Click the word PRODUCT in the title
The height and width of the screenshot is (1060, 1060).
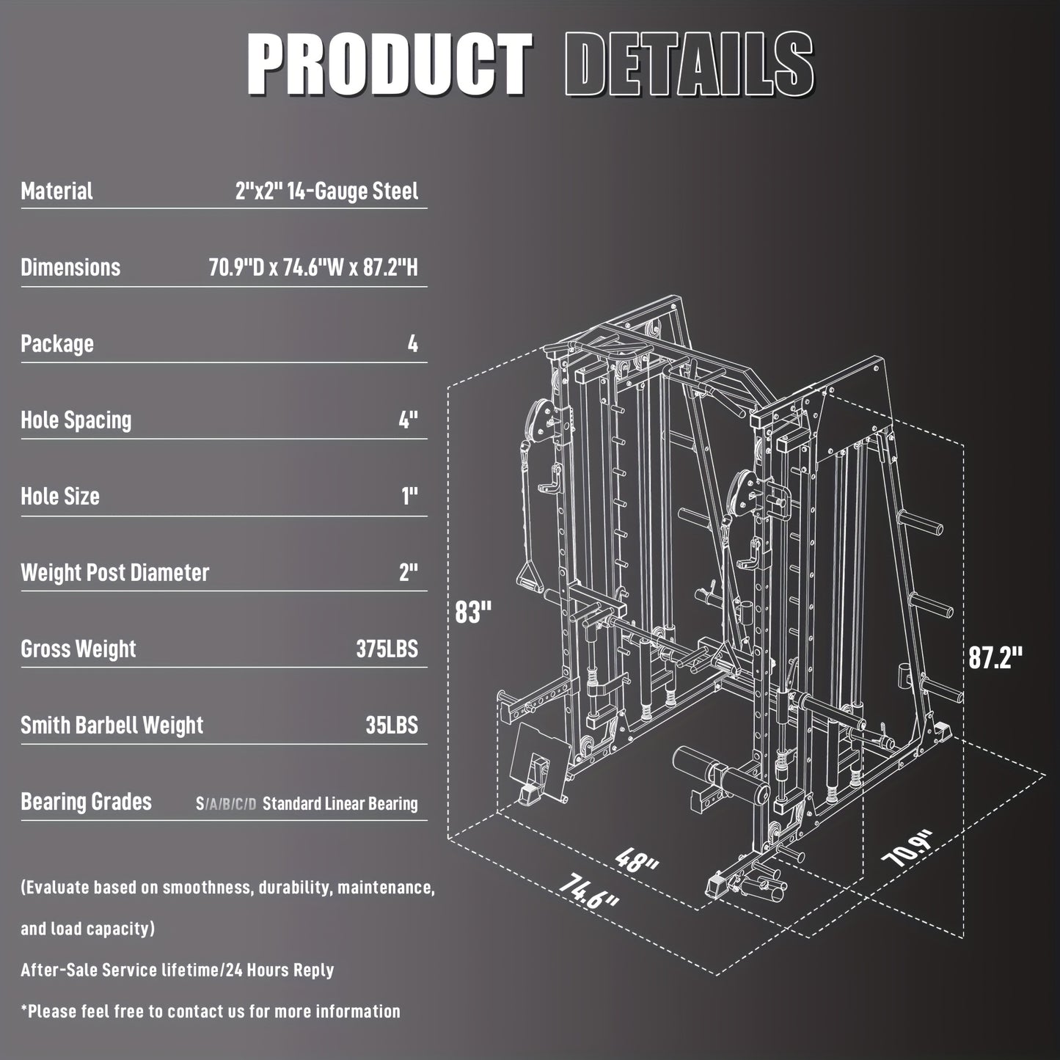tap(390, 65)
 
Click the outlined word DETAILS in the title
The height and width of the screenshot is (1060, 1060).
tap(689, 65)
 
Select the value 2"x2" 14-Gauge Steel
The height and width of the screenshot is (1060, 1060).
tap(326, 191)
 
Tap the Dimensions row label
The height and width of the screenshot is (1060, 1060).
tap(70, 267)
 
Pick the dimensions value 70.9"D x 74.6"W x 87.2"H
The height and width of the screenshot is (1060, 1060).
tap(313, 267)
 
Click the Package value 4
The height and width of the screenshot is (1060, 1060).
tap(413, 343)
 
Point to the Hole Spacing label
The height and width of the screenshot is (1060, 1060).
tap(76, 420)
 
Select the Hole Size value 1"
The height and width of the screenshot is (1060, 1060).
tap(409, 497)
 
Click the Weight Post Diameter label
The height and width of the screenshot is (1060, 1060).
tap(115, 573)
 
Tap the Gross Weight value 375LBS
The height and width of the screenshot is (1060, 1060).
tap(387, 649)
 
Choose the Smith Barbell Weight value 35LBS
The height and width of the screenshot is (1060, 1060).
tap(392, 725)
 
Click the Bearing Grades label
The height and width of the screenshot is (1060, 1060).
tap(87, 802)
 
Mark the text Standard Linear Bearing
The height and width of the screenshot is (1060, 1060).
tap(340, 804)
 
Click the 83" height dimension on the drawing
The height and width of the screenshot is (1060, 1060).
tap(472, 613)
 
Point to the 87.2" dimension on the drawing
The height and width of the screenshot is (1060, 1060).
tap(995, 658)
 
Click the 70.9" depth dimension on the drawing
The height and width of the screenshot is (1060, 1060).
tap(909, 849)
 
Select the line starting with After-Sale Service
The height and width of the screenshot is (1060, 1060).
tap(177, 970)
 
